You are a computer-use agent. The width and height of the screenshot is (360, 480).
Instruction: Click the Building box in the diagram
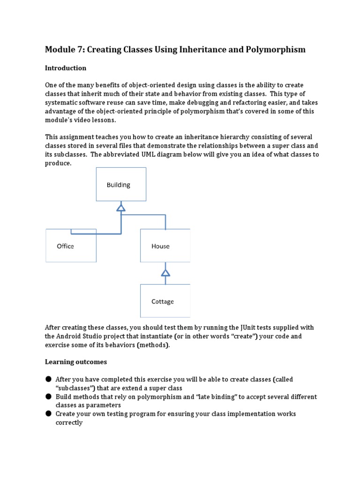(x=121, y=185)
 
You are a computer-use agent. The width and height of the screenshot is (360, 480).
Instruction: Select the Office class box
(x=71, y=246)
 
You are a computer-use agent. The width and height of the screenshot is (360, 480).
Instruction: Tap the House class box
(x=165, y=246)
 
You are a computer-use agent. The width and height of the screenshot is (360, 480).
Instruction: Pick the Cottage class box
(x=165, y=301)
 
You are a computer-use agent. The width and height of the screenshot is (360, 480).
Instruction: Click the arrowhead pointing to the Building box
(x=121, y=207)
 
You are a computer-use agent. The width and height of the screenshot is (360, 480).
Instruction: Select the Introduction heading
(x=66, y=68)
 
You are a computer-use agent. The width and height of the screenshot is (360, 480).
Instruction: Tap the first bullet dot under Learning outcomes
(x=48, y=379)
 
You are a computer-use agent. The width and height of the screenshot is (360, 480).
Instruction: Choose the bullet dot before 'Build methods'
(x=48, y=397)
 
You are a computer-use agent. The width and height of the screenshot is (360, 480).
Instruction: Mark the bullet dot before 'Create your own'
(x=48, y=414)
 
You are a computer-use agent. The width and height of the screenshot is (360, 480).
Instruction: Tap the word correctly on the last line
(x=69, y=423)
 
